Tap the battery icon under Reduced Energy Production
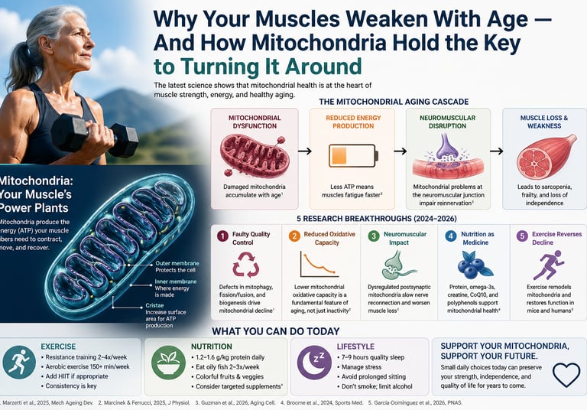[x=351, y=155]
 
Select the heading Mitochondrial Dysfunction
[x=255, y=122]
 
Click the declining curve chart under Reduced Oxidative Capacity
[x=322, y=265]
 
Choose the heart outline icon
[x=566, y=375]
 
